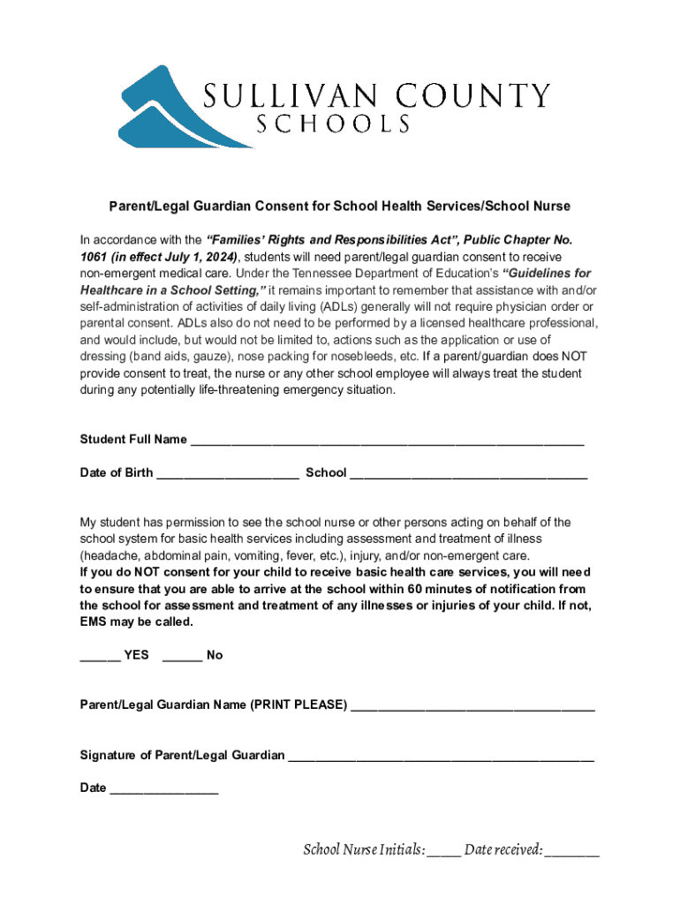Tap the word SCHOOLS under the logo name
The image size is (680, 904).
tap(333, 124)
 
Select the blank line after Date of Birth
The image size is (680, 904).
tap(227, 474)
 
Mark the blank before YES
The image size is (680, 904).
tap(100, 656)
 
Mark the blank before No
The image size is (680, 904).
tap(182, 656)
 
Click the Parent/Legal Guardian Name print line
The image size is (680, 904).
tap(472, 706)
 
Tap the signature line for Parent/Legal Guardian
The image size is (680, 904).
tap(441, 757)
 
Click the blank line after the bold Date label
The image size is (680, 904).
tap(163, 789)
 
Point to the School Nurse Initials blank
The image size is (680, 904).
tap(444, 852)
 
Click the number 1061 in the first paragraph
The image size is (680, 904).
tap(94, 256)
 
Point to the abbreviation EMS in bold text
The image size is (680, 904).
tap(94, 622)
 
